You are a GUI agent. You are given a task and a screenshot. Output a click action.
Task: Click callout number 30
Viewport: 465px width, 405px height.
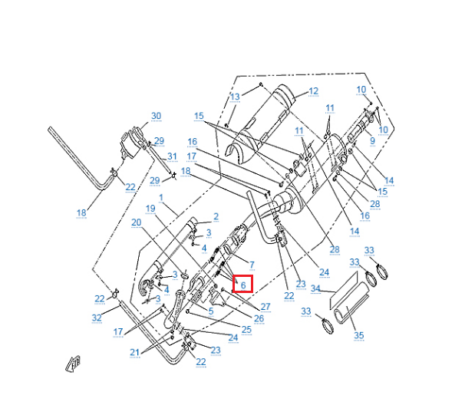coord(156,117)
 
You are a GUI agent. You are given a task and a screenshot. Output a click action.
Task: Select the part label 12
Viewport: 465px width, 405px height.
coord(313,91)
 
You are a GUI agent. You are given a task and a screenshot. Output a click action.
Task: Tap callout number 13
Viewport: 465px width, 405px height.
coord(235,97)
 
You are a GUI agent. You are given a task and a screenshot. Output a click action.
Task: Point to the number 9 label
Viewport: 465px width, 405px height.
coord(372,140)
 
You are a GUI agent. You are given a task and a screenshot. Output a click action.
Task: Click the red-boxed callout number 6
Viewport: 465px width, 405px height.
coord(242,285)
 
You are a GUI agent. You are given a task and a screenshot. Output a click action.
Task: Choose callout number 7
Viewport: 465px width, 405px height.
coord(251,265)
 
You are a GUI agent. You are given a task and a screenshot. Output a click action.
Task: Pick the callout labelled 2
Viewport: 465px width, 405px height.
coord(216,217)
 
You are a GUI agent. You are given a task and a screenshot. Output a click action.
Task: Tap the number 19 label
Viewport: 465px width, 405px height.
coord(150,209)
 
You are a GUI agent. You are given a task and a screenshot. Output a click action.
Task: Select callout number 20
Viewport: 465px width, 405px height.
coord(137,222)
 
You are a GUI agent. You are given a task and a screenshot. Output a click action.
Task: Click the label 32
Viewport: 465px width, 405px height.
coord(97,317)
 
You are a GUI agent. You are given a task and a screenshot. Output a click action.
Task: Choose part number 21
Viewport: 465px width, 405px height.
coord(135,352)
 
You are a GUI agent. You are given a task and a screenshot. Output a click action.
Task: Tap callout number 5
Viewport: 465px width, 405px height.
coord(210,311)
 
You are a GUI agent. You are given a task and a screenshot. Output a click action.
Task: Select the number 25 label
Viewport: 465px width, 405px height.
coord(246,329)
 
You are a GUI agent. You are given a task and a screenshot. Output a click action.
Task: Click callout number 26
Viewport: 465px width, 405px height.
coord(259,318)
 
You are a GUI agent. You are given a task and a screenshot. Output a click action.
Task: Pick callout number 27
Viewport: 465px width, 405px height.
coord(265,307)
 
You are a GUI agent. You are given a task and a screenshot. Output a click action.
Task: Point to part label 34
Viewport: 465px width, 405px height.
coord(315,289)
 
